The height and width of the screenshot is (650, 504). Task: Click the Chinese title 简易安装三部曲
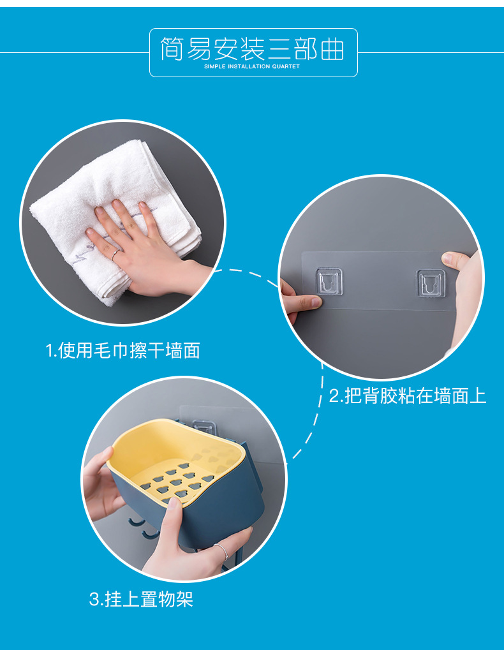[x=252, y=49]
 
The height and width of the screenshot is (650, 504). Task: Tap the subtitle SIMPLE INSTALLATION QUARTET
[x=251, y=66]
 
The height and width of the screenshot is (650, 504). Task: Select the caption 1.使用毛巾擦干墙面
[x=123, y=350]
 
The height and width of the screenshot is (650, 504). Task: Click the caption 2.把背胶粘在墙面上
[x=407, y=395]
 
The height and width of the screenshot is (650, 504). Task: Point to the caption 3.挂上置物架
[x=141, y=599]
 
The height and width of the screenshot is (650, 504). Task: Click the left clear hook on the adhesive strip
[x=329, y=281]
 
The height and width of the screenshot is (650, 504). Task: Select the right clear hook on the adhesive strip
[x=431, y=283]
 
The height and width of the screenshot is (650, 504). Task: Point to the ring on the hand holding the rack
[x=222, y=551]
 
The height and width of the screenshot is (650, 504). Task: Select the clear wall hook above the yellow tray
[x=204, y=427]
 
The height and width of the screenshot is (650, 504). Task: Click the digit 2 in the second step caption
[x=334, y=396]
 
